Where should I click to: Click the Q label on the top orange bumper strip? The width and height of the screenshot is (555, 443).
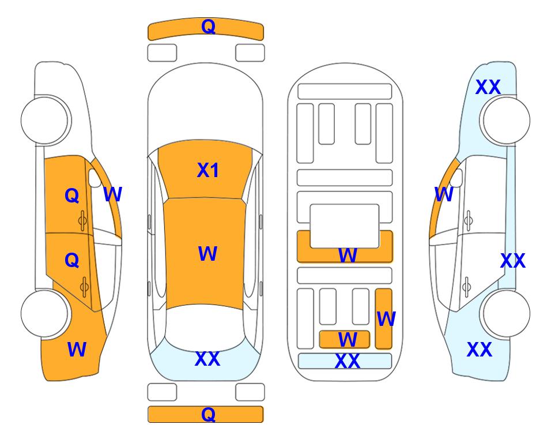click(x=208, y=27)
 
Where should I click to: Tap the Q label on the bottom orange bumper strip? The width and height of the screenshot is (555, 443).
click(x=208, y=414)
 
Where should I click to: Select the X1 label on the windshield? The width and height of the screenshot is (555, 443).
click(x=208, y=170)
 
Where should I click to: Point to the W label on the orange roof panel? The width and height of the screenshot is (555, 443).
click(x=208, y=253)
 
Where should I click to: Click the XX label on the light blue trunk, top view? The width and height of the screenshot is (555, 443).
click(x=207, y=359)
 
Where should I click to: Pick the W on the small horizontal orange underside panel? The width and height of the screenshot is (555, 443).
click(x=348, y=339)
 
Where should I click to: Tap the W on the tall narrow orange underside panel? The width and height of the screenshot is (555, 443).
click(x=386, y=319)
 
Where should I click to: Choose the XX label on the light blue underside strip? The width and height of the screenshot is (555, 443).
click(x=347, y=361)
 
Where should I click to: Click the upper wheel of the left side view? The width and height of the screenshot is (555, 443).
click(x=45, y=120)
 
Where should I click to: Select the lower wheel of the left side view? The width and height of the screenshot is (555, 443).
click(x=45, y=313)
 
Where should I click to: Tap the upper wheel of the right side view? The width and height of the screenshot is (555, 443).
click(x=507, y=120)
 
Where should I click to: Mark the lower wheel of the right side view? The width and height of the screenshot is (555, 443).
click(x=507, y=313)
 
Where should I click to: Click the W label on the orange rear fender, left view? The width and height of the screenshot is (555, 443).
click(x=77, y=349)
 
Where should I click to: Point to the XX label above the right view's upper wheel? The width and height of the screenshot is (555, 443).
click(x=488, y=87)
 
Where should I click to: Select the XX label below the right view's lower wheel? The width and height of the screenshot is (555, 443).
click(x=480, y=350)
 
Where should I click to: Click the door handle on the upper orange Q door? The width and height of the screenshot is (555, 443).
click(x=82, y=220)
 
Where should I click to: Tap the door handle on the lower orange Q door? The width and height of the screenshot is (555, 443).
click(x=84, y=287)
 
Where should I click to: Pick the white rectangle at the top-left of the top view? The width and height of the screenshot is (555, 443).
click(x=162, y=53)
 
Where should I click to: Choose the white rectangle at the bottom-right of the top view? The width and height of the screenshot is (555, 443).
click(x=250, y=392)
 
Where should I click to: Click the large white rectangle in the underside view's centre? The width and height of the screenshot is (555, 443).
click(x=345, y=226)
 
